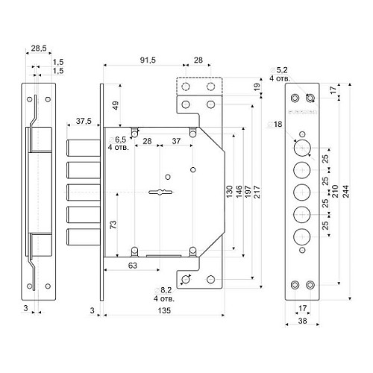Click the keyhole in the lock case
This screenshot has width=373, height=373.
pyautogui.click(x=164, y=193)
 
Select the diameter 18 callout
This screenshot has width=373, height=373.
pyautogui.click(x=278, y=123)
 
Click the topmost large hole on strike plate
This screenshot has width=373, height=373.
pyautogui.click(x=301, y=146)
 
